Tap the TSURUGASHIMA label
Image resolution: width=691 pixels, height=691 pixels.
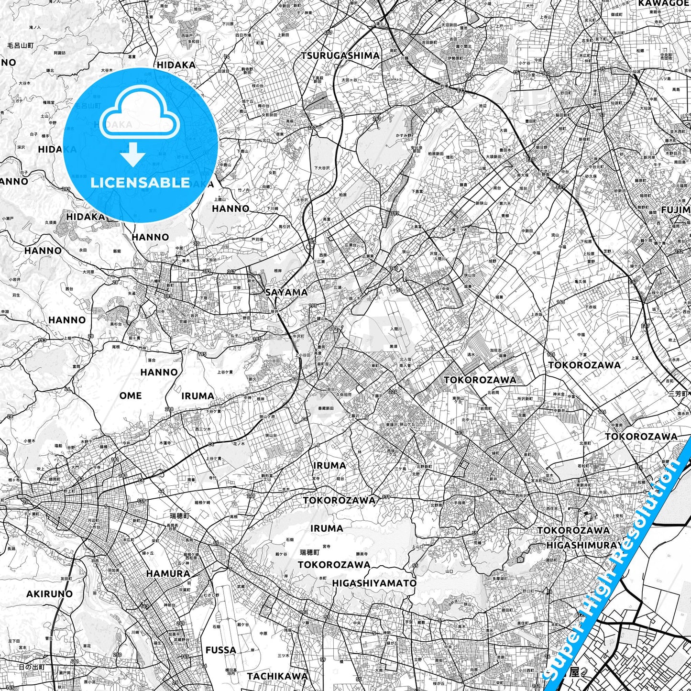point(340,55)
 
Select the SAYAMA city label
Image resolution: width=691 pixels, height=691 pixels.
point(286,292)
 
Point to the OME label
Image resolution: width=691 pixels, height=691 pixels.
point(131,395)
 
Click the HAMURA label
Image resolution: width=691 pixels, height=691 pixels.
point(168,573)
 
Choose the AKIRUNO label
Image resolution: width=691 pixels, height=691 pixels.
point(49,594)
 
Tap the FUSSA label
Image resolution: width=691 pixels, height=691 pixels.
point(220,650)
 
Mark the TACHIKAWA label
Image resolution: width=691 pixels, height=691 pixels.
point(277,676)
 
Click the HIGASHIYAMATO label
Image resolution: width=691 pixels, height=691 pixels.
point(374,583)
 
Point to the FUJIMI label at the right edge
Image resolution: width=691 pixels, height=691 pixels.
point(676,209)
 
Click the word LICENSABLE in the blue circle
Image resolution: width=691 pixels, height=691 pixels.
point(140,182)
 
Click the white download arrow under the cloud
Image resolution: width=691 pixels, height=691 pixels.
point(133,154)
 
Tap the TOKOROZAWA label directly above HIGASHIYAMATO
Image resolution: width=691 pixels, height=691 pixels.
point(334,565)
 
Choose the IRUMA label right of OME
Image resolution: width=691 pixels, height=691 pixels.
point(197,396)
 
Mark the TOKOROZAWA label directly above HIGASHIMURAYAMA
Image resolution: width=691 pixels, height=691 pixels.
point(573,530)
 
